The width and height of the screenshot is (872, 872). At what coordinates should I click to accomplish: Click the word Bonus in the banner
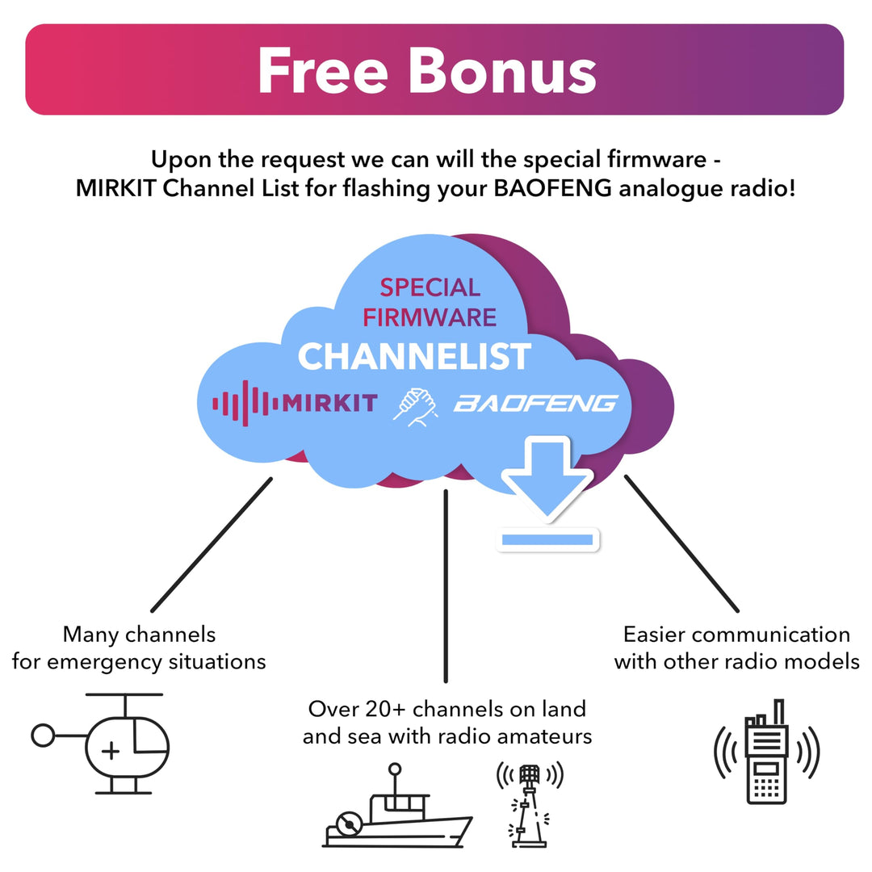(502, 70)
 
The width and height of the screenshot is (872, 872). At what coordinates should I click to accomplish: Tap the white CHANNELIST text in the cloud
(414, 357)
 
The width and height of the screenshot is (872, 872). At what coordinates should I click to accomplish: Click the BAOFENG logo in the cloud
(535, 403)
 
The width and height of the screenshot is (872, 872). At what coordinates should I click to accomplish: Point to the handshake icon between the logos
(415, 404)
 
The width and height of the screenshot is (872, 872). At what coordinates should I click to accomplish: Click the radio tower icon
(529, 803)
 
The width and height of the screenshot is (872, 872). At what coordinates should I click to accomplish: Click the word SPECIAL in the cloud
(430, 287)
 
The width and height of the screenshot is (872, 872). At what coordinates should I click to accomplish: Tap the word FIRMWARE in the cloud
(430, 317)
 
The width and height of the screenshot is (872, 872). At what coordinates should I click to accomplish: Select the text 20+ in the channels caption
(387, 710)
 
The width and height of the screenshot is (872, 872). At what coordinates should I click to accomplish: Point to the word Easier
(661, 635)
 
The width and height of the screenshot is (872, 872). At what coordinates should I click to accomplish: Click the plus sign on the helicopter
(111, 752)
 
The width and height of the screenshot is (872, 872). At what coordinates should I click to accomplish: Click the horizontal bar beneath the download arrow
(547, 539)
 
